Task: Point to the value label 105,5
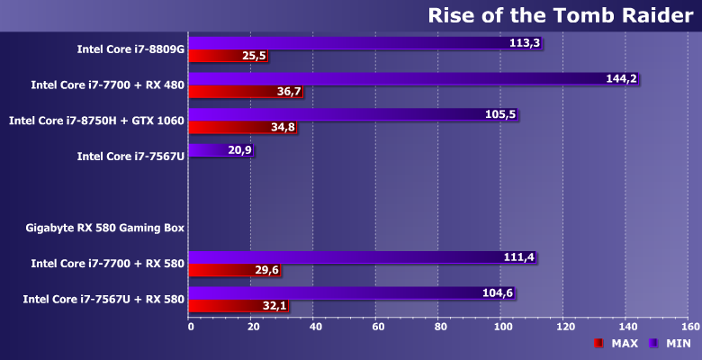point(499,114)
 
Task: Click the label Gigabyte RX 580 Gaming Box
point(105,228)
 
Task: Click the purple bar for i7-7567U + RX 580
point(342,292)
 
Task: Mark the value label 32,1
point(274,306)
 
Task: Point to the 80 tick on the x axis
point(440,326)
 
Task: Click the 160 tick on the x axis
point(689,326)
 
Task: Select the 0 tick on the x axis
point(190,326)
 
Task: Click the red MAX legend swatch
point(598,344)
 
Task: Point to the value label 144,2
point(621,79)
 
